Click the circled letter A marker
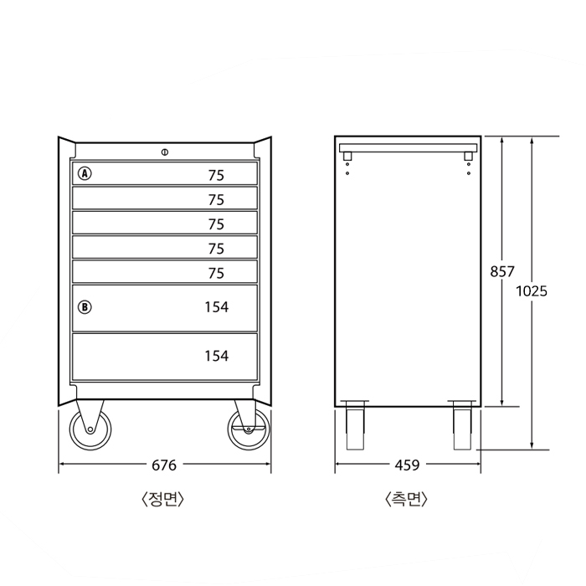[x=85, y=173]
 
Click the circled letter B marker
[x=85, y=307]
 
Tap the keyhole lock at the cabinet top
[x=165, y=152]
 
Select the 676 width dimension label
[x=164, y=465]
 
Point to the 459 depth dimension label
[x=408, y=465]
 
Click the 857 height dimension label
[x=502, y=272]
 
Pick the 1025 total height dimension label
[x=532, y=291]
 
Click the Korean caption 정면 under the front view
[x=163, y=499]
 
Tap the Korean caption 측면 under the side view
[x=406, y=499]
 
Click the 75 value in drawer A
[x=216, y=175]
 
